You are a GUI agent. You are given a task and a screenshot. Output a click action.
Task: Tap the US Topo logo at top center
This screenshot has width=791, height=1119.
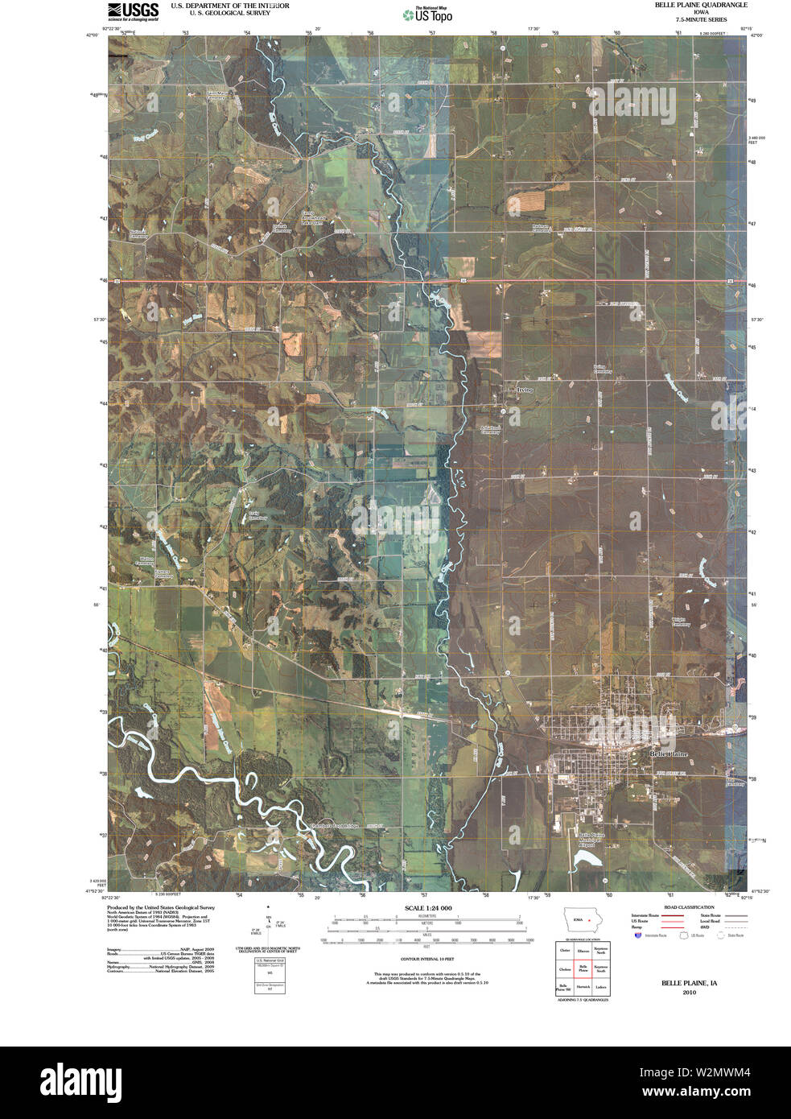point(427,13)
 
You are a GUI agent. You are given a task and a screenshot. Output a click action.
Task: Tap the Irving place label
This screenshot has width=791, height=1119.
point(525,390)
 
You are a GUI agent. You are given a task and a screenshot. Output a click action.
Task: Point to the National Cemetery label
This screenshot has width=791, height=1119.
point(138,235)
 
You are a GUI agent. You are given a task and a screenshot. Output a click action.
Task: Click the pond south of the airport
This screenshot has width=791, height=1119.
point(587,859)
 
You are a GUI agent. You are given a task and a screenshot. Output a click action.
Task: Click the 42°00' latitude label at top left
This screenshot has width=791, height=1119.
point(95,35)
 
